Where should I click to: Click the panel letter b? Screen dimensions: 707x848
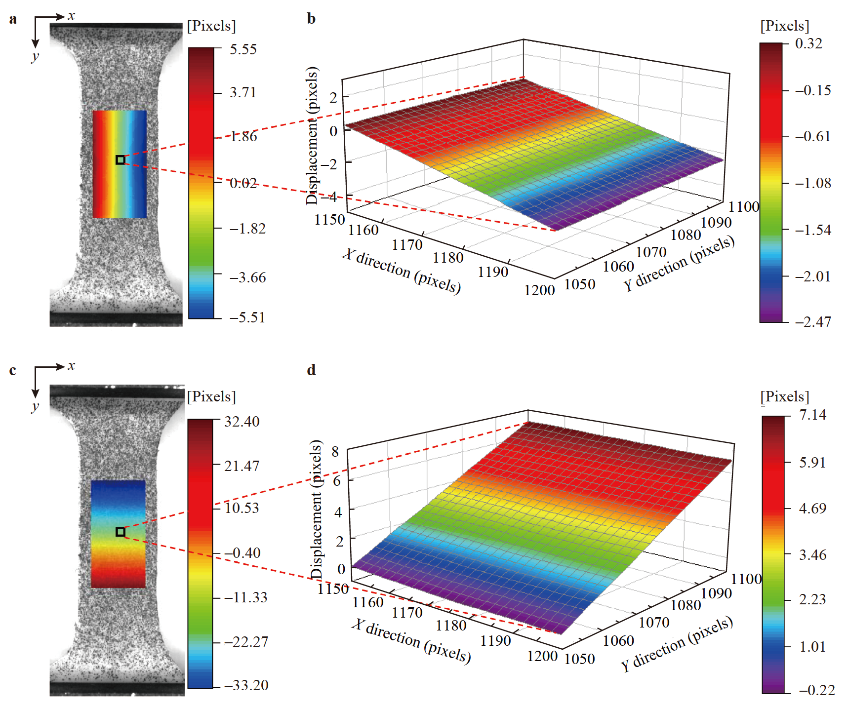tap(311, 19)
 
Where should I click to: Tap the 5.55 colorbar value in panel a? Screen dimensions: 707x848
tap(243, 49)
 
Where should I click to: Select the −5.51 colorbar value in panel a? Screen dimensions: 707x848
tap(247, 317)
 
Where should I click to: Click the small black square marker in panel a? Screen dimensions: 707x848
tap(121, 159)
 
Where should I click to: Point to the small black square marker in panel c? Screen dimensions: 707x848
tap(121, 532)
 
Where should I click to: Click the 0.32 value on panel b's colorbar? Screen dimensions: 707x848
tap(808, 44)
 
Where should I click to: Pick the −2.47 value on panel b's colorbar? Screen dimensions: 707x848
tap(813, 322)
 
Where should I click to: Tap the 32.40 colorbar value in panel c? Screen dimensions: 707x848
tap(242, 422)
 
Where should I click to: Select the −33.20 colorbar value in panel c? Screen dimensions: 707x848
tap(246, 685)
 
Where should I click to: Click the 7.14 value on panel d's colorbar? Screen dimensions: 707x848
tap(812, 415)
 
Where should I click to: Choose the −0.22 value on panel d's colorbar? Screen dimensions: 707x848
tap(817, 690)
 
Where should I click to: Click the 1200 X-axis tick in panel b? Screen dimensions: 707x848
tap(539, 290)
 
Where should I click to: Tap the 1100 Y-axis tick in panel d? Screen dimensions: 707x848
tap(746, 579)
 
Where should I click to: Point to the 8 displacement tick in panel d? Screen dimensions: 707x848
tap(335, 451)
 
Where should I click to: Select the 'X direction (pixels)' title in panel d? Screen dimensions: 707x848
tap(411, 640)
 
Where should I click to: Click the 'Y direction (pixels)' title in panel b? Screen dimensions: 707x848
tap(679, 264)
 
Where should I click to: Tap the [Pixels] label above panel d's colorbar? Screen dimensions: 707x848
tap(785, 396)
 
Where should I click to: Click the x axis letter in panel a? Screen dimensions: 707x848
tap(72, 16)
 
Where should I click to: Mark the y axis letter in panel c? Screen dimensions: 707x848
tap(35, 407)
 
